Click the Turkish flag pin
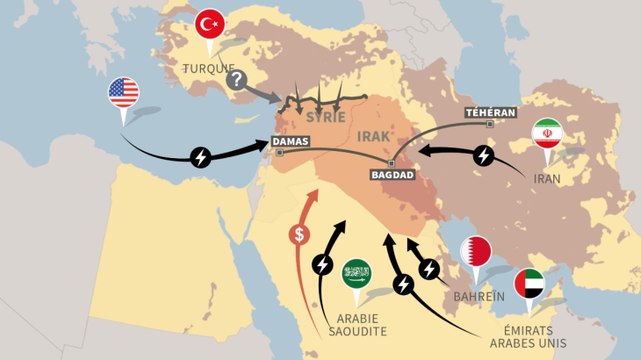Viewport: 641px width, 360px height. (210, 24)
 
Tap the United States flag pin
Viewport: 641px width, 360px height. (123, 94)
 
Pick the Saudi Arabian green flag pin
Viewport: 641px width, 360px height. (356, 272)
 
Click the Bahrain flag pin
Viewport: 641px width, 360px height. (475, 251)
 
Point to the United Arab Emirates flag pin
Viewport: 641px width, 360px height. (530, 284)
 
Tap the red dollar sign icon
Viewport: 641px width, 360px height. (298, 235)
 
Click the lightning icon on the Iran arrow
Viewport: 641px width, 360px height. (484, 156)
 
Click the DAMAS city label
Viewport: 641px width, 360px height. (292, 143)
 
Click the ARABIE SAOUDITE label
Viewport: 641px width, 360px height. (355, 322)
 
